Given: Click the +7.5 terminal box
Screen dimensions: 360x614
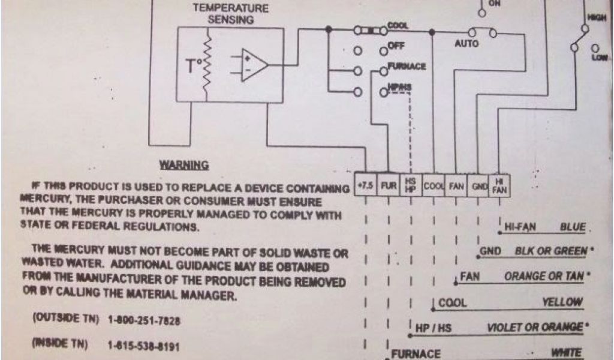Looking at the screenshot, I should pyautogui.click(x=365, y=186).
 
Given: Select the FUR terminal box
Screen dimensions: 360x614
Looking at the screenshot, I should pyautogui.click(x=389, y=186).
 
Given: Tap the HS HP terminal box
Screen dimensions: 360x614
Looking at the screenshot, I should pyautogui.click(x=411, y=186).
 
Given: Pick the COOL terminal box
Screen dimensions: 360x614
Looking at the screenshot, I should pyautogui.click(x=434, y=186).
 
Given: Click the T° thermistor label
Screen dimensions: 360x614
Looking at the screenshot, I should pyautogui.click(x=194, y=66).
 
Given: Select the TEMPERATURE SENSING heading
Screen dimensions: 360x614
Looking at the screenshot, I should pyautogui.click(x=230, y=14).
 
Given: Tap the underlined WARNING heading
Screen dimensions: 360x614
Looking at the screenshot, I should pyautogui.click(x=183, y=164).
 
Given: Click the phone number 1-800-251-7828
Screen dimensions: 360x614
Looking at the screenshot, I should pyautogui.click(x=144, y=321).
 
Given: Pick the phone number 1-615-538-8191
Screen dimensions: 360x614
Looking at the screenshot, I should pyautogui.click(x=144, y=346).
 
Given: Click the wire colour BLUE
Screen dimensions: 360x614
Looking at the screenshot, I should pyautogui.click(x=572, y=228).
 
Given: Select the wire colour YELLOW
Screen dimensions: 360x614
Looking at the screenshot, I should pyautogui.click(x=562, y=302).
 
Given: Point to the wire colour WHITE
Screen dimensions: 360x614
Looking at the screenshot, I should pyautogui.click(x=567, y=354).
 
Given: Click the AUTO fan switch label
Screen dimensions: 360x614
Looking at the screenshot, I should pyautogui.click(x=466, y=44).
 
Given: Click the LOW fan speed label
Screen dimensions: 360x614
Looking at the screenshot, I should pyautogui.click(x=598, y=57).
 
